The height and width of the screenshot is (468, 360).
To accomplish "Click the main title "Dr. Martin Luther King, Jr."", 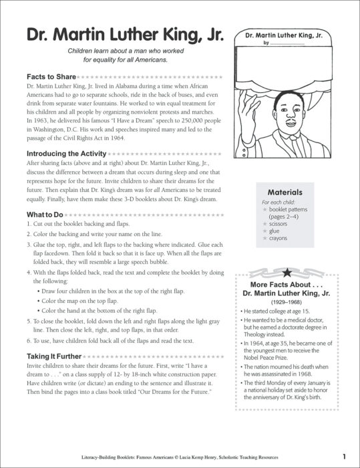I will pyautogui.click(x=116, y=35).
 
